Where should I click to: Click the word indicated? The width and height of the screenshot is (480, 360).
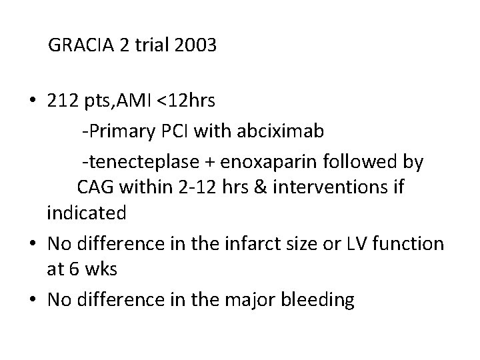point(86,213)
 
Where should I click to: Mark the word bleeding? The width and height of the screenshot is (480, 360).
point(321,301)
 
